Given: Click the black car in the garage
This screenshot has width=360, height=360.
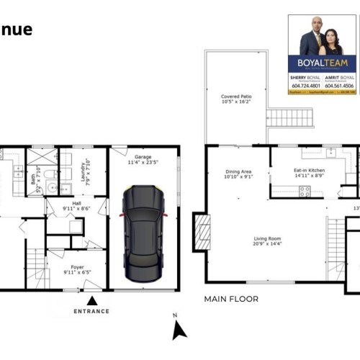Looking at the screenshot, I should [144, 233].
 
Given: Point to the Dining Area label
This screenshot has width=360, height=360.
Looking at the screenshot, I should [238, 174].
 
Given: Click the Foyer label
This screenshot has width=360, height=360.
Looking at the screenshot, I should [76, 270].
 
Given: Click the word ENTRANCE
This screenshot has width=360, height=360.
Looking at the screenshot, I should [91, 311].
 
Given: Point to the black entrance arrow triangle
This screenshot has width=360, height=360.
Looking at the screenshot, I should [91, 300].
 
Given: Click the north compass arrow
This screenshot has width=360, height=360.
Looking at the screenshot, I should [179, 330].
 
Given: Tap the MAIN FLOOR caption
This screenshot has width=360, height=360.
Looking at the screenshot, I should [231, 298].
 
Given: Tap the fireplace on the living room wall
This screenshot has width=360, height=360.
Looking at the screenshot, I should [202, 233].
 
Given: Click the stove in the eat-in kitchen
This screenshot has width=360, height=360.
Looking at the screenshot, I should [305, 191].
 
